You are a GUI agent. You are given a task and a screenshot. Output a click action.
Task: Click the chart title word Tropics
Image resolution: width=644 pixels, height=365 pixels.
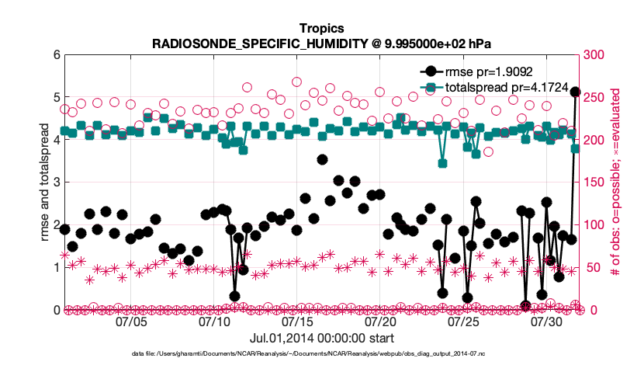pos(321,29)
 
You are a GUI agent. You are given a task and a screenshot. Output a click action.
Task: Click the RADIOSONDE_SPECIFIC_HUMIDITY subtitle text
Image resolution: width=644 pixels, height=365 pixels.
pos(321,43)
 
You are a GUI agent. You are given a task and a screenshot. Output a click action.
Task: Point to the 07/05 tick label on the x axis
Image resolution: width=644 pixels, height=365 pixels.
pos(131,321)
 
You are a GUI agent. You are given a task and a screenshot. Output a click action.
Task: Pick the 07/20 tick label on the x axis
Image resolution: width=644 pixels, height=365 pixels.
pos(380,321)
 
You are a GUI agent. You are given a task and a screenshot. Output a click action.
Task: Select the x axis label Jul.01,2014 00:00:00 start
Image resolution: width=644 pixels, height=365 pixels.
pos(321,339)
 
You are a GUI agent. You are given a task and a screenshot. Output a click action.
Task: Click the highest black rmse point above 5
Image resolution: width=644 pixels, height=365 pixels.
pos(575,92)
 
